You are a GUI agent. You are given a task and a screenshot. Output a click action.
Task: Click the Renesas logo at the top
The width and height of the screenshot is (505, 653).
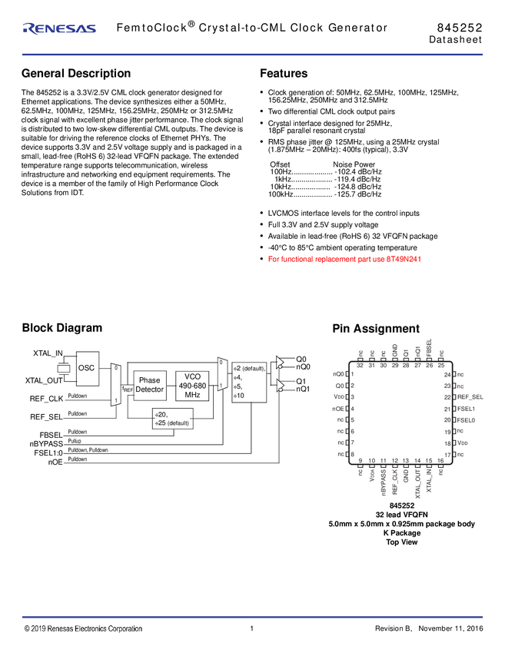59,28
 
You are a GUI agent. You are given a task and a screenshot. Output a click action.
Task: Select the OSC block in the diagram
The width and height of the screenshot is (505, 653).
86,368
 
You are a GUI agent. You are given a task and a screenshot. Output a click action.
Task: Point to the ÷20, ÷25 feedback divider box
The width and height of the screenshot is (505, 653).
172,419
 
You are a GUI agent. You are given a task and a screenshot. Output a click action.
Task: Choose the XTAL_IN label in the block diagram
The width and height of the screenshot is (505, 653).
48,353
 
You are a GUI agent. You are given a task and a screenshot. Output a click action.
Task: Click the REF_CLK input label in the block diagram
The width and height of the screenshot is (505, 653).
45,398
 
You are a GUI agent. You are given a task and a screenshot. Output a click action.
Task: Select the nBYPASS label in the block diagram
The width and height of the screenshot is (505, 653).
46,443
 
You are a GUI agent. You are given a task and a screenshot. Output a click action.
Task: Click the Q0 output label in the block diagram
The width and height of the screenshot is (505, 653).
302,359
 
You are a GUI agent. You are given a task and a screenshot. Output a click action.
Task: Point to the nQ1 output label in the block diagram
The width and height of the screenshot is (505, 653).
304,389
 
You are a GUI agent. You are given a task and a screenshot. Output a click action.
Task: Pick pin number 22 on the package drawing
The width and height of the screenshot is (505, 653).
447,397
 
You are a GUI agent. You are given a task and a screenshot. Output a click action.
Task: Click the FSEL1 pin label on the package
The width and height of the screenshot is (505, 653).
467,409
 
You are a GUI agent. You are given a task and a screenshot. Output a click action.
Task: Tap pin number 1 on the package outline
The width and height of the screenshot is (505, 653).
352,374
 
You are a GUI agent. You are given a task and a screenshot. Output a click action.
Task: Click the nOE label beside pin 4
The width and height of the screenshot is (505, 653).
337,409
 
